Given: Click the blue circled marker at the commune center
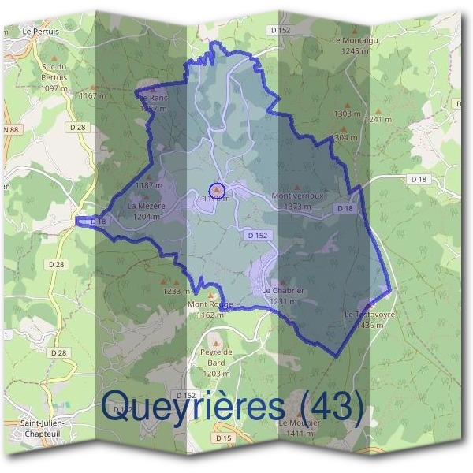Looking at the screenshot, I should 217,190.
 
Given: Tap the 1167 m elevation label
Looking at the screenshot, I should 92,95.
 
